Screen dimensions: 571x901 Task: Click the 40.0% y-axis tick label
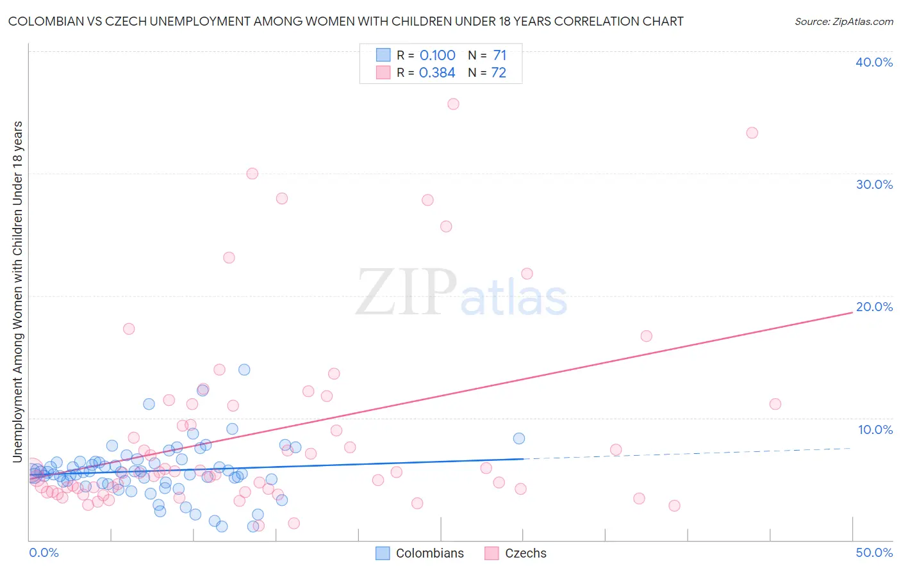(x=874, y=62)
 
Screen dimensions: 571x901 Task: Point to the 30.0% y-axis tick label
(x=874, y=184)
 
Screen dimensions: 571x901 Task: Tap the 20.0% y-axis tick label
(x=874, y=307)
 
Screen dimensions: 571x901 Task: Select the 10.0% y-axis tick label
(x=875, y=430)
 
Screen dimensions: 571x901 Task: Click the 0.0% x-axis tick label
(x=44, y=552)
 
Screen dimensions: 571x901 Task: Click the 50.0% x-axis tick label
(x=874, y=552)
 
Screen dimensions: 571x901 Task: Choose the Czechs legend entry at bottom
(x=516, y=553)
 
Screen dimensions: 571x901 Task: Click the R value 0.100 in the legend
(x=438, y=55)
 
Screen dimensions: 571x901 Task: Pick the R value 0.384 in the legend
(x=437, y=72)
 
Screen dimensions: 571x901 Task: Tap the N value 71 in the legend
(x=500, y=55)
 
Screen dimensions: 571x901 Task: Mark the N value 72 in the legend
(x=499, y=72)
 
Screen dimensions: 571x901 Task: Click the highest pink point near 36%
(x=453, y=104)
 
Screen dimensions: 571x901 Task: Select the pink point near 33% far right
(x=752, y=133)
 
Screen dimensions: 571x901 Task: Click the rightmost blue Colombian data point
(x=518, y=438)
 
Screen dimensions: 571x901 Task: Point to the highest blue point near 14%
(x=244, y=369)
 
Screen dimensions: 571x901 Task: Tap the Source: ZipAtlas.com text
(x=843, y=22)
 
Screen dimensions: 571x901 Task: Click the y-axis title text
(x=17, y=291)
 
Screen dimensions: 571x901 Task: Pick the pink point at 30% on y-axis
(x=252, y=173)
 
